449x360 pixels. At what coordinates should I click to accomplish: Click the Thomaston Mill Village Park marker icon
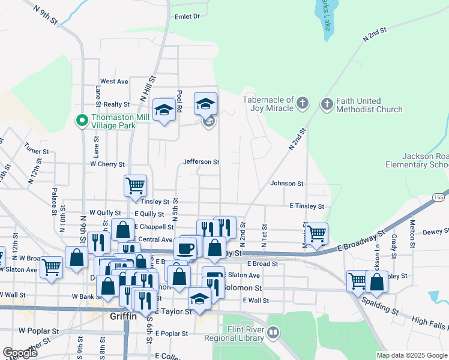(82, 121)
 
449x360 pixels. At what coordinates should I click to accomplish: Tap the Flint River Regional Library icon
(273, 332)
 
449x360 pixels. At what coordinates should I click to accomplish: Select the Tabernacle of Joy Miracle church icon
(302, 104)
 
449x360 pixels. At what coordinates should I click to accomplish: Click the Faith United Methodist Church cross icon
(327, 105)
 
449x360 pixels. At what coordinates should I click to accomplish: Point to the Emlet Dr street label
(186, 17)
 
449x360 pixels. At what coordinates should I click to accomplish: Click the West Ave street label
(114, 81)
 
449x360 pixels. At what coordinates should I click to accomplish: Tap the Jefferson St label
(201, 162)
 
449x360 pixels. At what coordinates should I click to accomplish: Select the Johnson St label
(286, 184)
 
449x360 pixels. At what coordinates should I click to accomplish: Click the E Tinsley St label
(306, 206)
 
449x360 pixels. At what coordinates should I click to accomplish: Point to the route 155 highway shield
(439, 197)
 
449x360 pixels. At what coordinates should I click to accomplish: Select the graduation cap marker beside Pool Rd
(164, 110)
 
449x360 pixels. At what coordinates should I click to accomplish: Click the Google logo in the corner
(20, 353)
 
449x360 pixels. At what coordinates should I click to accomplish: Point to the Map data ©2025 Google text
(411, 355)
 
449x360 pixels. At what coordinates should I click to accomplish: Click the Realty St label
(116, 104)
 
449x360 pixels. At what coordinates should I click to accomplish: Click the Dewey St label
(435, 231)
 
